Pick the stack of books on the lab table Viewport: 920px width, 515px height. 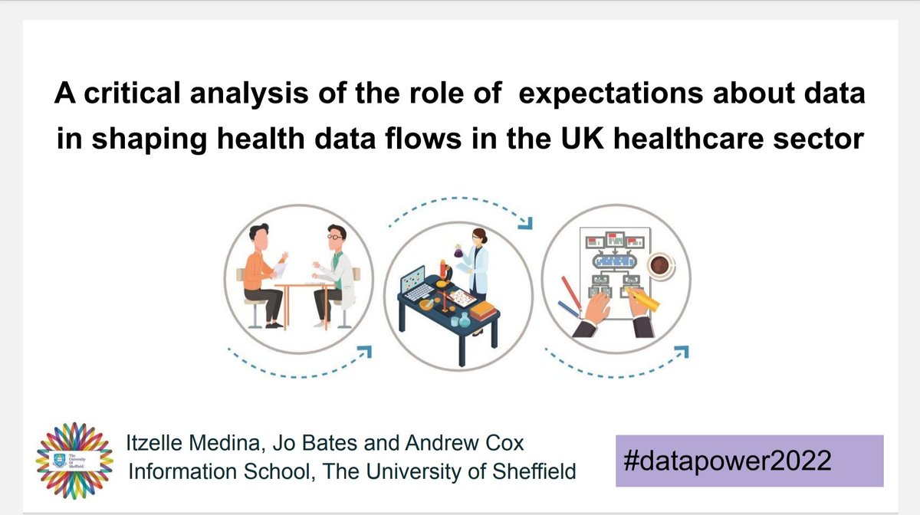click(x=485, y=310)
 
